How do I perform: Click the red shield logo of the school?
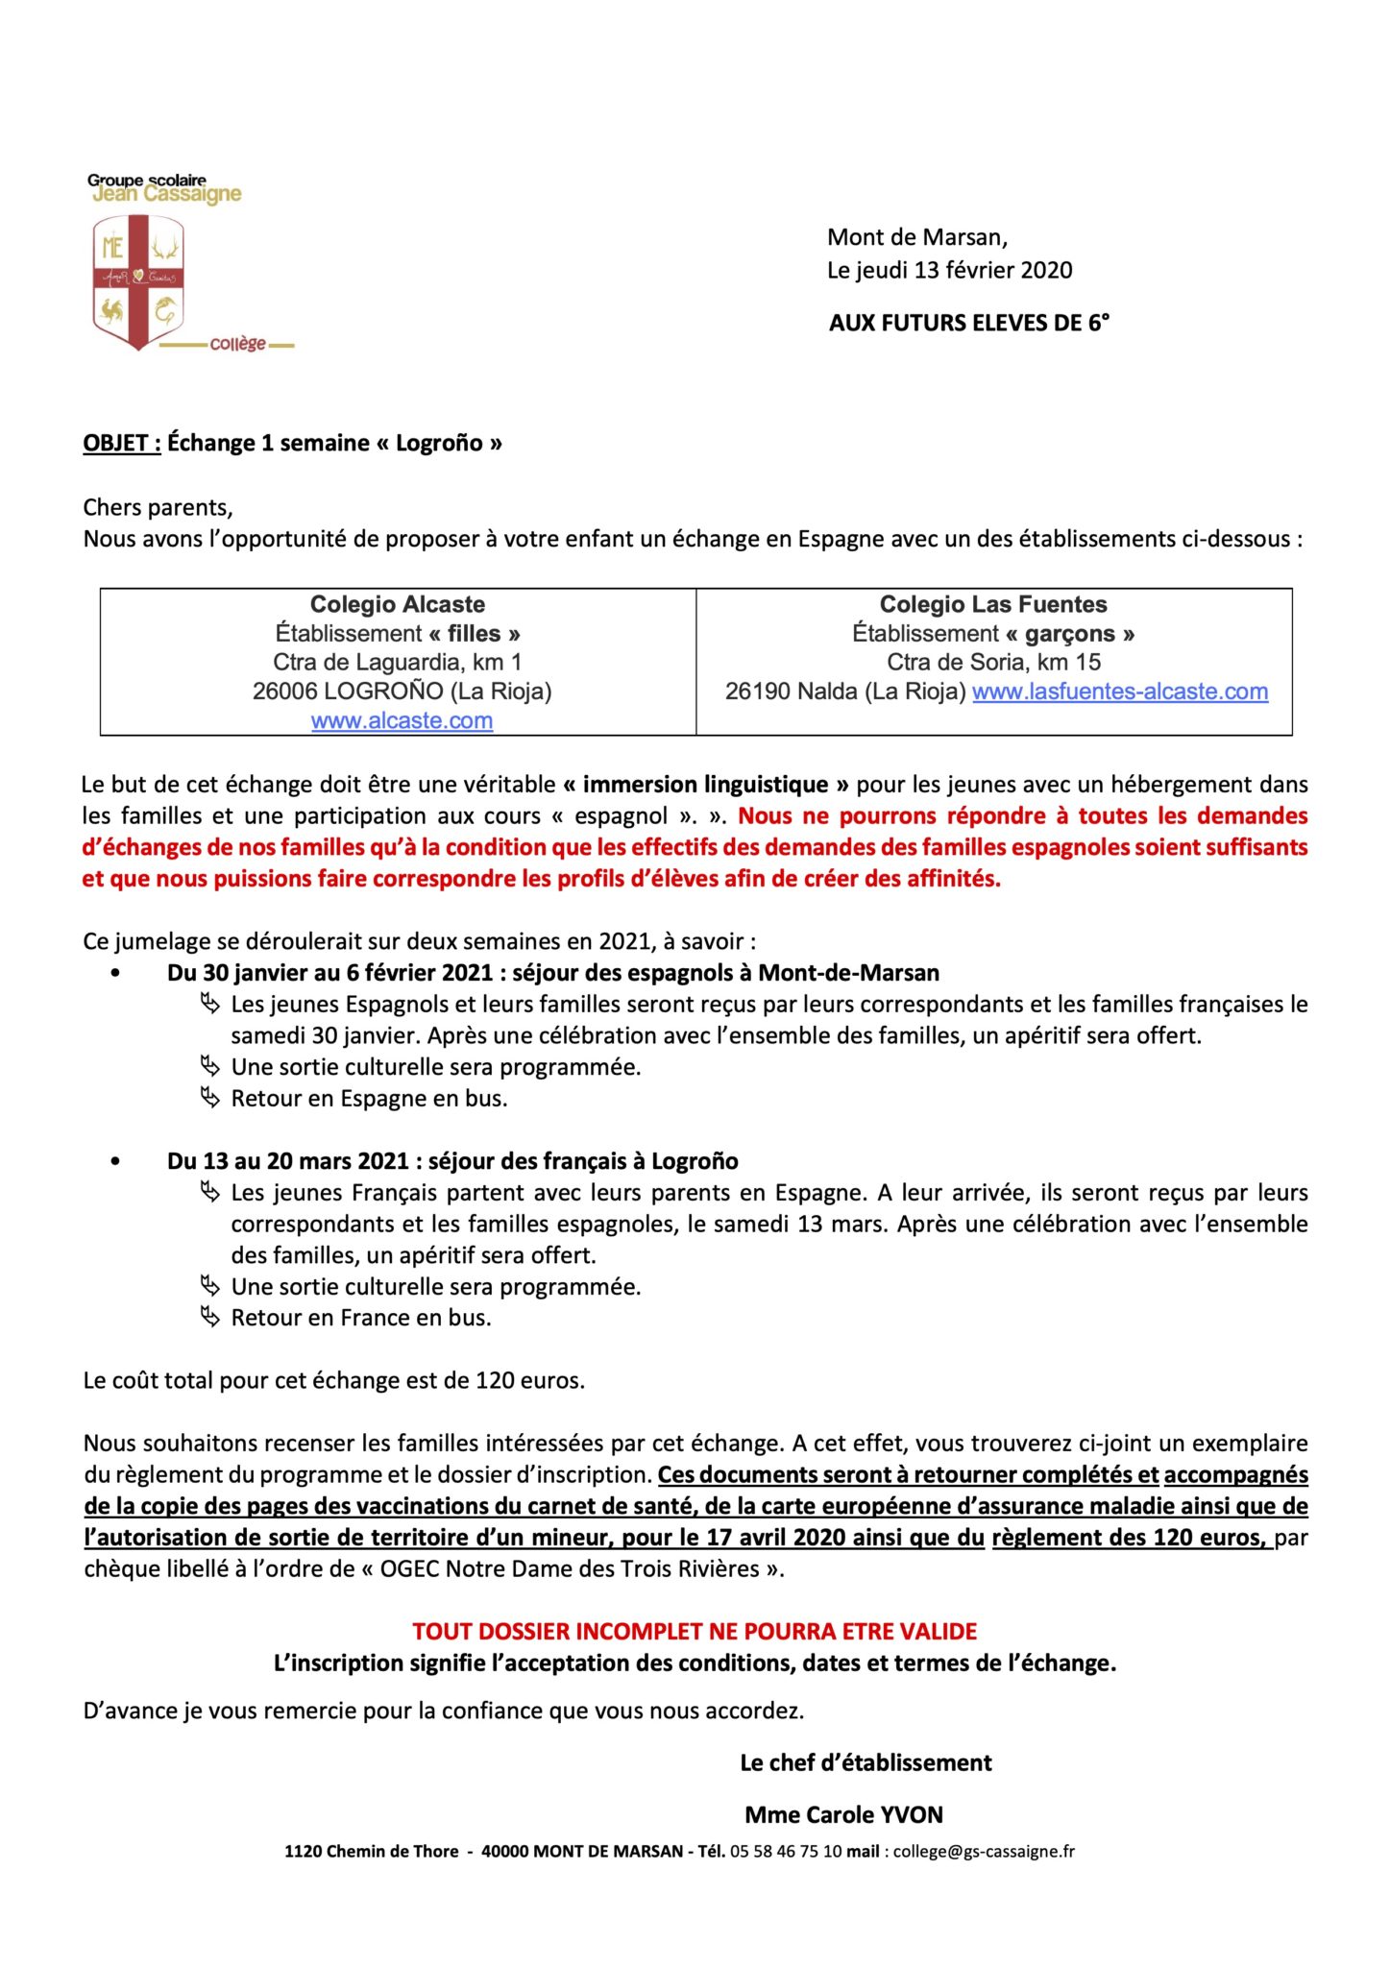pos(138,280)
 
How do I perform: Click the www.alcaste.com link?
pos(402,720)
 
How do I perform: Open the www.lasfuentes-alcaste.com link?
pos(1120,692)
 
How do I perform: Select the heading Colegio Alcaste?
pos(397,604)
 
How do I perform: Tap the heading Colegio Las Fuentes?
pos(993,604)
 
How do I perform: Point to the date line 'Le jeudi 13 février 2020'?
pos(949,270)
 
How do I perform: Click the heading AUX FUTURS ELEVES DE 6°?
pos(968,323)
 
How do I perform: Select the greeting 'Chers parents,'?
pos(158,507)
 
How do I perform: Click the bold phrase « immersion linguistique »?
pos(706,785)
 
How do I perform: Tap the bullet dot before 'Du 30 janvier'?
pos(115,973)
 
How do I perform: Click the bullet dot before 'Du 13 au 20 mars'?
pos(115,1161)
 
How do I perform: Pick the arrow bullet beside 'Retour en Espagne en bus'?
pos(209,1098)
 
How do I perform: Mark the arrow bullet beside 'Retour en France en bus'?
pos(209,1317)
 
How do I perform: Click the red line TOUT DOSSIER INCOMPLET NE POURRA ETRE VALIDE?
pos(695,1632)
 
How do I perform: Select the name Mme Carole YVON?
pos(843,1815)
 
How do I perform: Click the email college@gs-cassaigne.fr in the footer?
pos(984,1852)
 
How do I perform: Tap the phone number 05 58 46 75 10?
pos(786,1852)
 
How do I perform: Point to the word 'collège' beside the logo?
pos(237,344)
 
